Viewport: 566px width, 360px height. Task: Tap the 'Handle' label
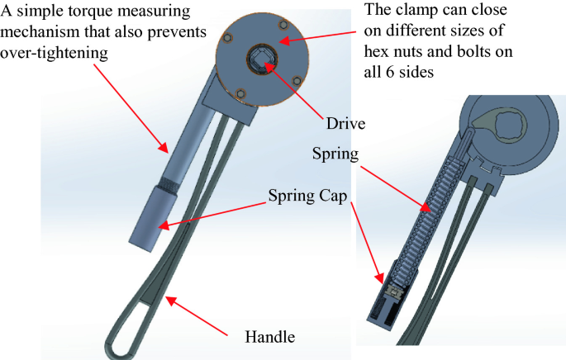click(270, 337)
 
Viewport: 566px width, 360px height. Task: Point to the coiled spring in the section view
click(432, 206)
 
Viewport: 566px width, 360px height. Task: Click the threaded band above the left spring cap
click(169, 184)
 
